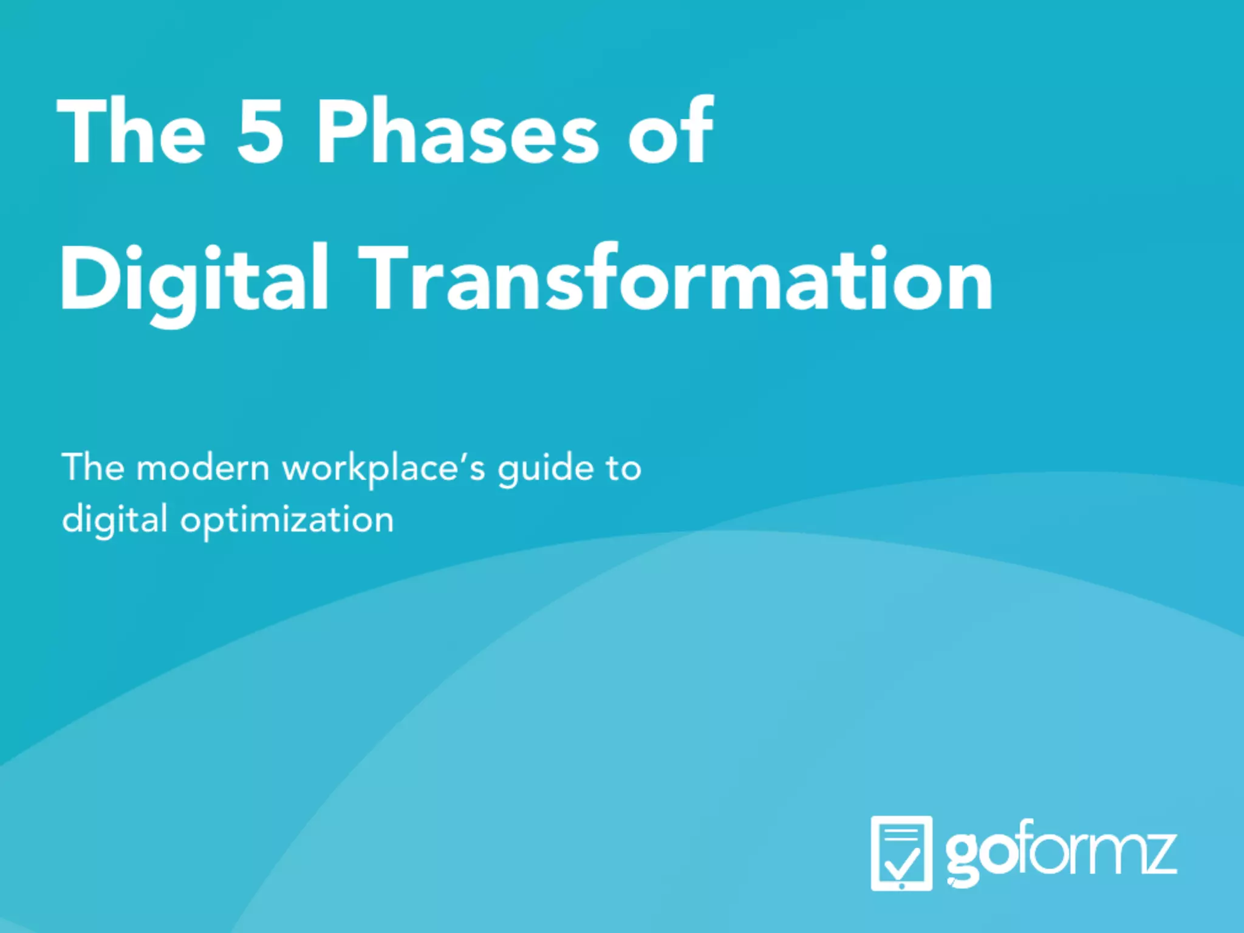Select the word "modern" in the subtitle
202,468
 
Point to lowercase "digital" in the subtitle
115,521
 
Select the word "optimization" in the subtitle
287,521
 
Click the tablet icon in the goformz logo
901,853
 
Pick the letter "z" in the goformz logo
1157,853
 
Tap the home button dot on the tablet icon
901,886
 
